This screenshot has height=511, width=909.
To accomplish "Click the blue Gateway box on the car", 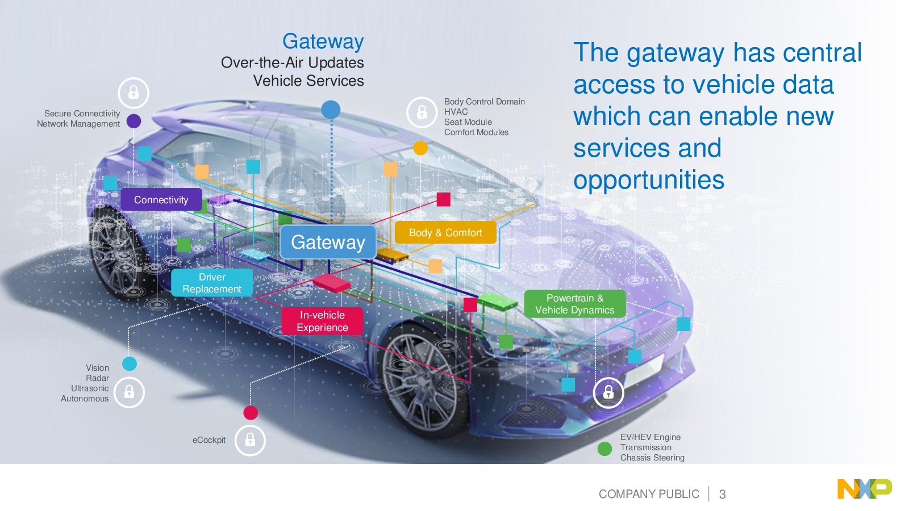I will click(328, 242).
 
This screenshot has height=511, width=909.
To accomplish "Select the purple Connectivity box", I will click(161, 200).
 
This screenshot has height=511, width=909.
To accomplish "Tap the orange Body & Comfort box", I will click(445, 233).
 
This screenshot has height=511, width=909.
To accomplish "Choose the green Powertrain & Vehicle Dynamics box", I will click(574, 304).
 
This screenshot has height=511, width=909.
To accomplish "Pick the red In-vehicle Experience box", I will click(322, 321).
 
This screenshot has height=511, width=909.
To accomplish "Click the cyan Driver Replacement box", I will click(212, 283).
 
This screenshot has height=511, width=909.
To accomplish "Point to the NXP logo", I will click(864, 489).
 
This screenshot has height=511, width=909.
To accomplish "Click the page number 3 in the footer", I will click(722, 495).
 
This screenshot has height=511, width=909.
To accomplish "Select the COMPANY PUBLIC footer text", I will click(649, 495).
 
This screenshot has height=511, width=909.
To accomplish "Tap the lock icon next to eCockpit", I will click(250, 440).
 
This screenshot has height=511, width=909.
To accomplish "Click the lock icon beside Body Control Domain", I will click(422, 112).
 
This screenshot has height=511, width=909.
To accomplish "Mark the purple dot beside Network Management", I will click(134, 121).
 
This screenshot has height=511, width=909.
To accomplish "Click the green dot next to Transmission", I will click(604, 449).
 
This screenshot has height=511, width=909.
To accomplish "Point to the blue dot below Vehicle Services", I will click(331, 110).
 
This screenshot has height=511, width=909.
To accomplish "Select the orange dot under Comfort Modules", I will click(420, 148).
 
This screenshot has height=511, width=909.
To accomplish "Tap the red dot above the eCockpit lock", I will click(251, 413).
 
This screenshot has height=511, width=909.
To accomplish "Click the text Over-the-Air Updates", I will click(292, 62).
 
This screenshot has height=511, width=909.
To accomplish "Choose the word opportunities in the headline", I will click(649, 181).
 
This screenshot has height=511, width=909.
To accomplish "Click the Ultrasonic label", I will click(90, 388).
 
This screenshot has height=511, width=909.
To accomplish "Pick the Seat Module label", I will click(468, 122).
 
